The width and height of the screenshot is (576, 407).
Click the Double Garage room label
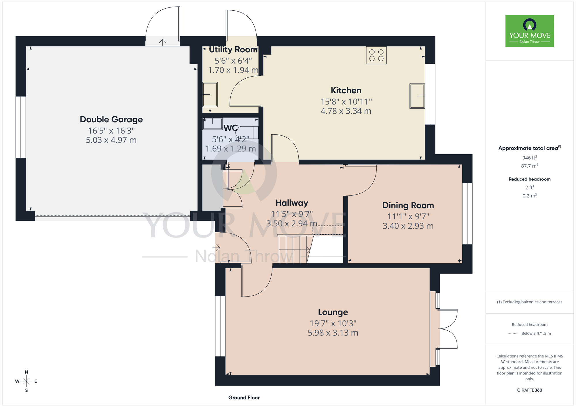pyautogui.click(x=111, y=119)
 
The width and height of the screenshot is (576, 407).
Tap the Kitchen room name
pyautogui.click(x=346, y=90)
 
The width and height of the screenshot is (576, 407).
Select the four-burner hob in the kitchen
pyautogui.click(x=376, y=55)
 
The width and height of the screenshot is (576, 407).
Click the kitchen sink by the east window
pyautogui.click(x=417, y=96)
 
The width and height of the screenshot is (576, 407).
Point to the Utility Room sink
pyautogui.click(x=210, y=95)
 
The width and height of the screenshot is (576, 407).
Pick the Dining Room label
pyautogui.click(x=408, y=205)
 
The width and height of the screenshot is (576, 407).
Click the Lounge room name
pyautogui.click(x=333, y=312)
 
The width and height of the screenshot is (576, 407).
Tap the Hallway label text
pyautogui.click(x=292, y=203)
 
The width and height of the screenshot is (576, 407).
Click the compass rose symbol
pyautogui.click(x=26, y=381)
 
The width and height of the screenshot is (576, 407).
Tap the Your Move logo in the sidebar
pyautogui.click(x=530, y=31)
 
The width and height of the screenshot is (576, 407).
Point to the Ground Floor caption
pyautogui.click(x=244, y=398)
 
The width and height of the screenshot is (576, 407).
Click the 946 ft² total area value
pyautogui.click(x=530, y=157)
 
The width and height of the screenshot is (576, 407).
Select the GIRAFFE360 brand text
pyautogui.click(x=530, y=390)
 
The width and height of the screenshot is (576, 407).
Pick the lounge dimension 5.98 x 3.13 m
pyautogui.click(x=333, y=333)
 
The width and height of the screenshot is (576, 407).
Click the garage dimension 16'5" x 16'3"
pyautogui.click(x=111, y=131)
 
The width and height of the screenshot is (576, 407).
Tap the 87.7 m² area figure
pyautogui.click(x=530, y=166)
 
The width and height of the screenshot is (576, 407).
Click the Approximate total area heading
pyautogui.click(x=530, y=148)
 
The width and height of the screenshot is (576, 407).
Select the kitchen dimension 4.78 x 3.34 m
pyautogui.click(x=346, y=111)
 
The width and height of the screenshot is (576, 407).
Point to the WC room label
pyautogui.click(x=231, y=128)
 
